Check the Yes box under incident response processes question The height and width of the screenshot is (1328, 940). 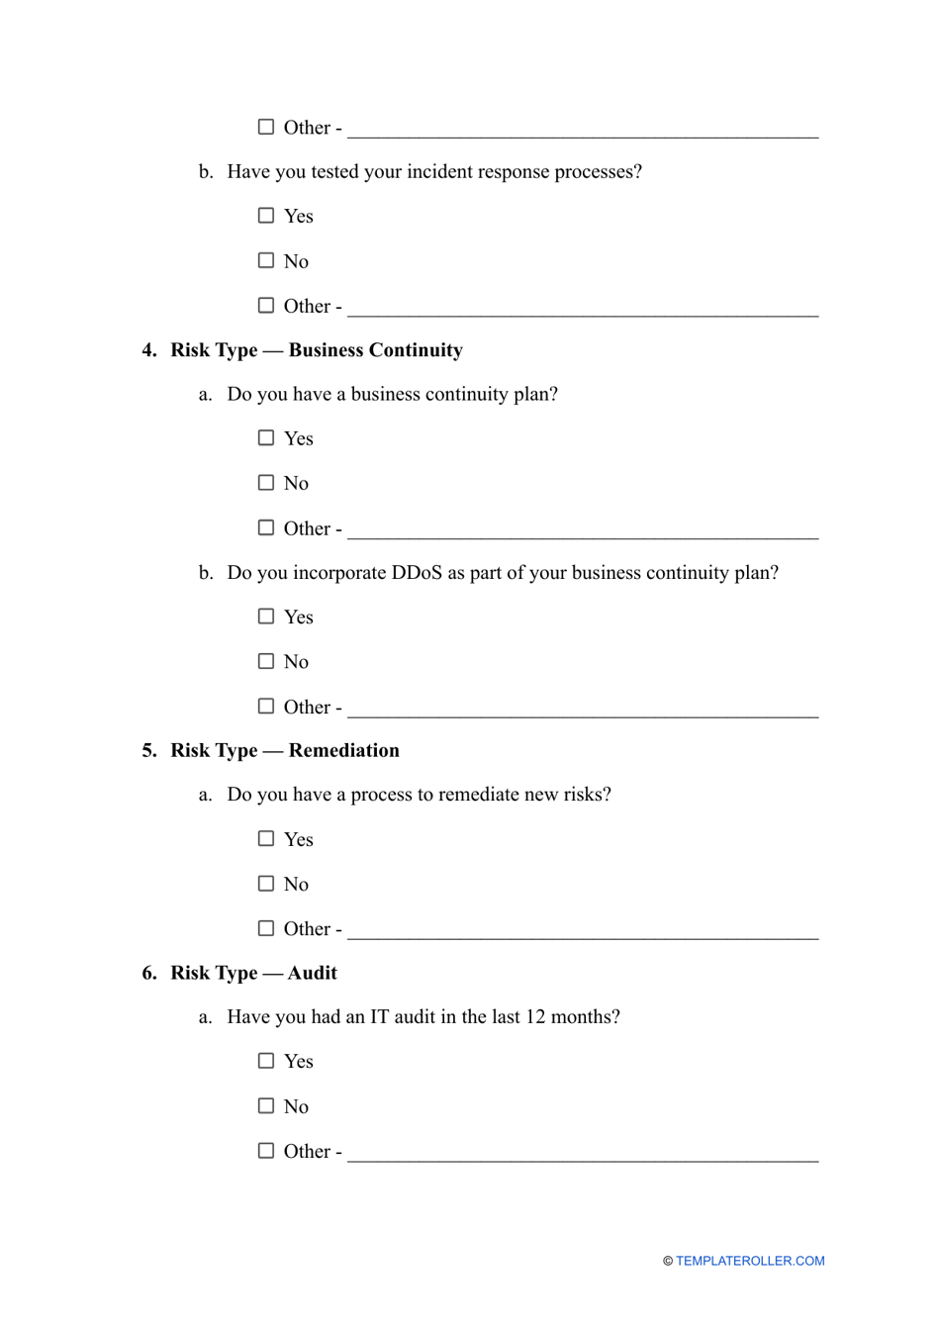pos(266,216)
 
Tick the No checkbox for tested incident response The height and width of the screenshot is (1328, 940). pos(266,260)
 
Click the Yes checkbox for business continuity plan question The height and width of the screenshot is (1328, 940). pos(266,437)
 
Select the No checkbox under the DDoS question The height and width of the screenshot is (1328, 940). pos(266,661)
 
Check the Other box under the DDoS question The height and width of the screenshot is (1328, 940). pos(266,706)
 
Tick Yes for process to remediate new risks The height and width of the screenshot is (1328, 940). pos(266,838)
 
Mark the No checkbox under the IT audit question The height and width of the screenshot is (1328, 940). pos(266,1105)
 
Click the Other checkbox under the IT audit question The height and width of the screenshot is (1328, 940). pos(266,1150)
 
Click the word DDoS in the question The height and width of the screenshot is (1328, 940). pos(417,573)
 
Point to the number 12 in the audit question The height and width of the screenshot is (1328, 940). pos(535,1017)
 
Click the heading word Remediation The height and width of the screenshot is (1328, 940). pos(343,750)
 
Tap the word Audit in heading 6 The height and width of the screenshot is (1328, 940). pos(312,973)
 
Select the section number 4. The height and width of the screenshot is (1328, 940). pos(148,350)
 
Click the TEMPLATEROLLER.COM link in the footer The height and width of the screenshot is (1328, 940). pos(750,1261)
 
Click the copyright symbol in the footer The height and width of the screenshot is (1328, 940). pos(668,1261)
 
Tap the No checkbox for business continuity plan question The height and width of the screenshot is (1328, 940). pos(266,482)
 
